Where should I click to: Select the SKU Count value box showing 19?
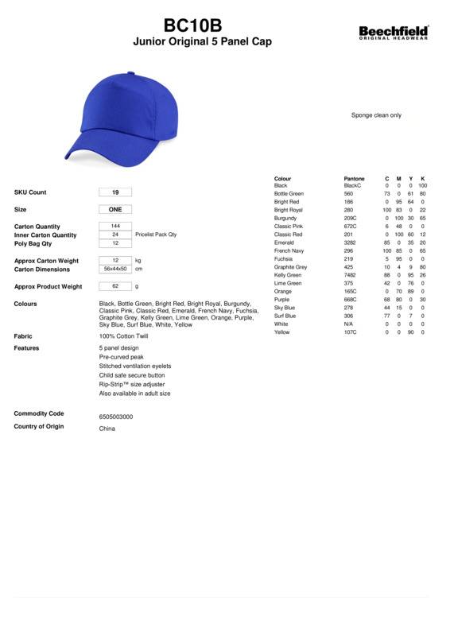(x=115, y=192)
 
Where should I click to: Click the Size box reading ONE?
(x=115, y=210)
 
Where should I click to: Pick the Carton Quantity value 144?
(x=115, y=227)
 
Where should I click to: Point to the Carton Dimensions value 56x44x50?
(x=115, y=270)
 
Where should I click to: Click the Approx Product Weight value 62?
(x=115, y=286)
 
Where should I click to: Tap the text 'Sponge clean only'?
(x=376, y=115)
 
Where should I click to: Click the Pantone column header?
(x=354, y=179)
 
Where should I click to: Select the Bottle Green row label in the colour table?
(x=289, y=194)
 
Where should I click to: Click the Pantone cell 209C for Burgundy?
(x=350, y=218)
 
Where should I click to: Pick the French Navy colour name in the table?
(x=289, y=251)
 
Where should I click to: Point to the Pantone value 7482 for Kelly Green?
(x=349, y=275)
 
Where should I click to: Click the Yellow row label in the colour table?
(x=281, y=332)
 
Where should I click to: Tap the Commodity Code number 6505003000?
(x=116, y=417)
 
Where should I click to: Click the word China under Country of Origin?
(x=107, y=429)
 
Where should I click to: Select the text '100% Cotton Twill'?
(x=123, y=336)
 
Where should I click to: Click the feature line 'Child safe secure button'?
(x=132, y=375)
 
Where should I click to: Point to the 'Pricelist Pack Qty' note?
(x=156, y=235)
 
